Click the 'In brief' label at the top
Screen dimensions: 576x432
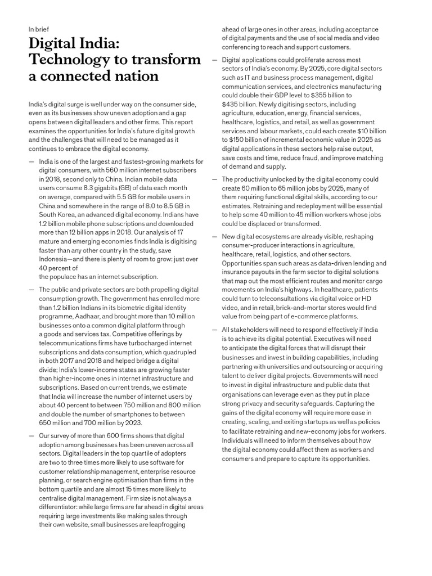[38, 31]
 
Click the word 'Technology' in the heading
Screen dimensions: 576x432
[72, 60]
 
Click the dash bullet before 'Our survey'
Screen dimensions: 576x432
[31, 435]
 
